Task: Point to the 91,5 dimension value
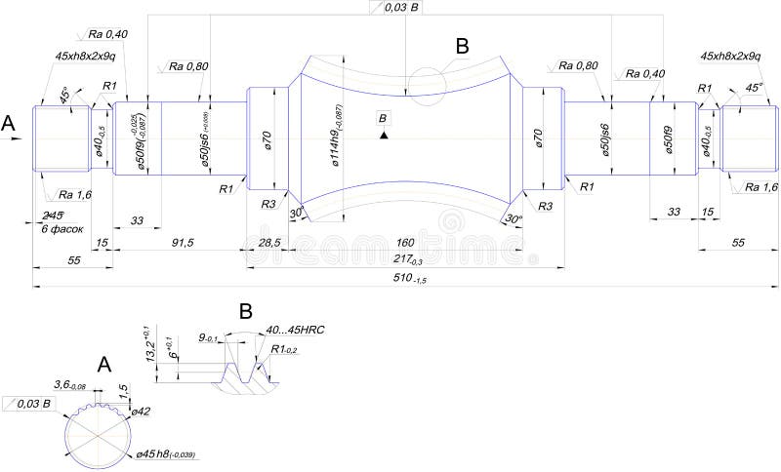[x=181, y=242]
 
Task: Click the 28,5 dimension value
[x=267, y=242]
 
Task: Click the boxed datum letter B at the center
[x=383, y=118]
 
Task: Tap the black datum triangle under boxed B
[x=383, y=135]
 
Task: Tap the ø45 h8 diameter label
[x=167, y=454]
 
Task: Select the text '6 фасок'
[x=61, y=227]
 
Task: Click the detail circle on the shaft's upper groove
[x=427, y=85]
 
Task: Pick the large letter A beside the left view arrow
[x=10, y=123]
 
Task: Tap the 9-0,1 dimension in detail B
[x=208, y=337]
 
